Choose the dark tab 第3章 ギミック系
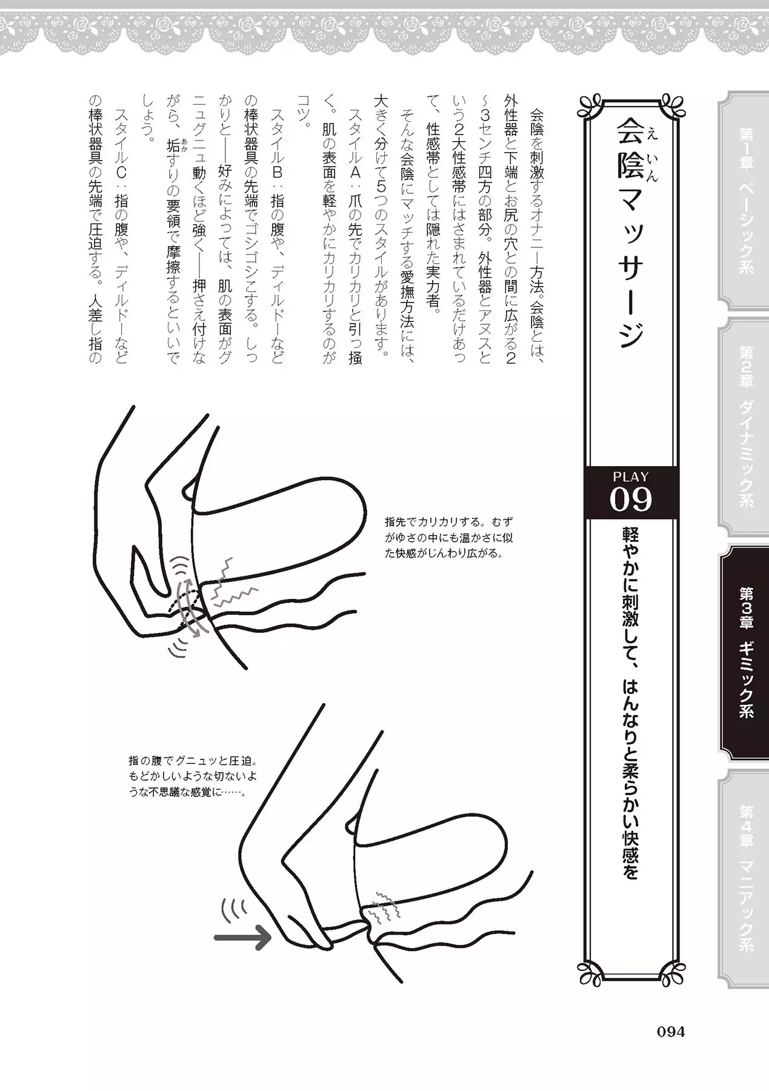pyautogui.click(x=745, y=652)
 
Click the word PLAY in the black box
pyautogui.click(x=630, y=477)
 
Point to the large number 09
pyautogui.click(x=630, y=500)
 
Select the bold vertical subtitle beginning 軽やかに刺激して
pyautogui.click(x=630, y=702)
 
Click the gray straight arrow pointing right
pyautogui.click(x=242, y=938)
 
